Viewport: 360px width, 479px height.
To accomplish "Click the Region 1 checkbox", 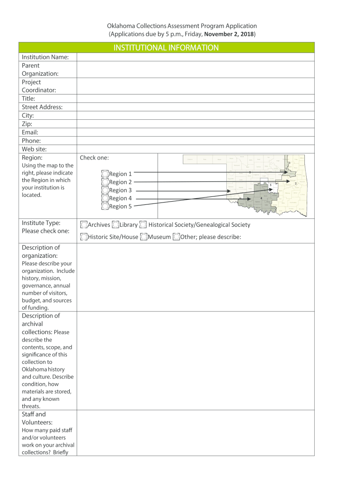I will coord(105,174).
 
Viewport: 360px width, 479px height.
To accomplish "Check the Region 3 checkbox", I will coord(105,190).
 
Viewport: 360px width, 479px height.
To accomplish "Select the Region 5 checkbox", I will coord(105,206).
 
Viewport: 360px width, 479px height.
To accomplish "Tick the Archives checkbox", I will coord(84,225).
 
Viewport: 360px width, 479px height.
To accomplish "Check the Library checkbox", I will coord(115,225).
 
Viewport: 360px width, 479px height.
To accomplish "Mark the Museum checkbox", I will coord(144,237).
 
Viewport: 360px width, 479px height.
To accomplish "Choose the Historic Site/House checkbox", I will coord(84,237).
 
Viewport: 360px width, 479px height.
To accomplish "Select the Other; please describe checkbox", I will coord(176,237).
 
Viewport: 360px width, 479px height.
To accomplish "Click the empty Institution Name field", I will coord(195,57).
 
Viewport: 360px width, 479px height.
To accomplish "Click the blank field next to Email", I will coord(195,132).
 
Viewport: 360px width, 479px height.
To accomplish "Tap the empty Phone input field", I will coord(195,141).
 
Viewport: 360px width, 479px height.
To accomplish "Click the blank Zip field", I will coord(195,124).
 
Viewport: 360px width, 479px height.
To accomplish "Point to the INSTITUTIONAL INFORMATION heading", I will coord(166,48).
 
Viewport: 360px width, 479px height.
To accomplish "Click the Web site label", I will coord(34,149).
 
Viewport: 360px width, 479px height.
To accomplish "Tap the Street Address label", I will coord(42,107).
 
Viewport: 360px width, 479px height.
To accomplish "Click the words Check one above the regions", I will coord(94,158).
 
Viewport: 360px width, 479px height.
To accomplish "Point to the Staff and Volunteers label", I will coord(34,418).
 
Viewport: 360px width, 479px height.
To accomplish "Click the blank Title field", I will coord(195,99).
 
